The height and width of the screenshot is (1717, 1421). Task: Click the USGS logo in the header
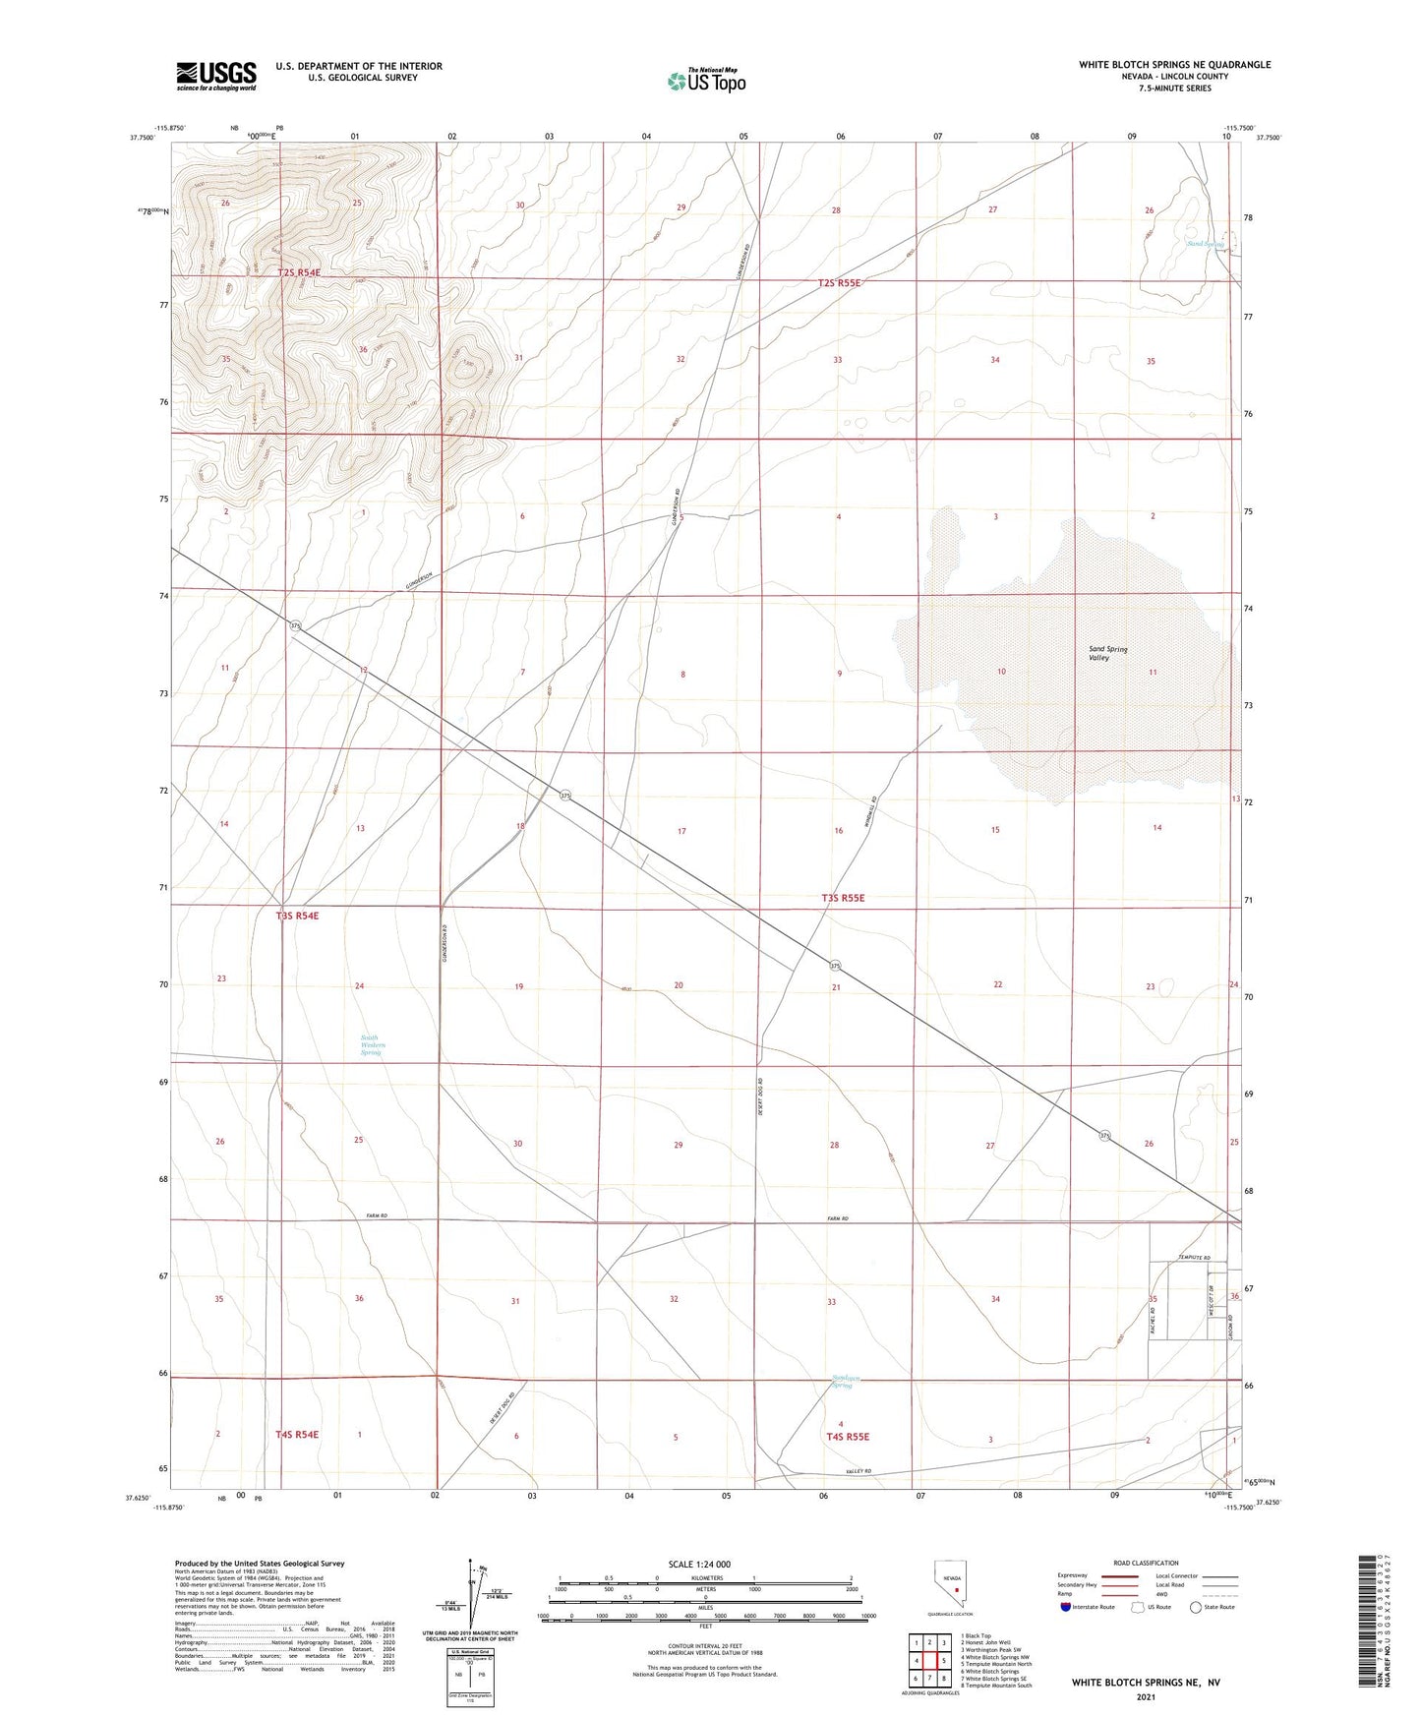tap(216, 75)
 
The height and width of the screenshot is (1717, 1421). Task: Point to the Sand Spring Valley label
tap(1107, 653)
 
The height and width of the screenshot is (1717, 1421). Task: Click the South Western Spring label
tap(371, 1044)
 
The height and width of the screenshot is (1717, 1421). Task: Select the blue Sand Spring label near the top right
tap(1205, 243)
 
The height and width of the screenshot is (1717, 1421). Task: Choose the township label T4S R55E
tap(848, 1436)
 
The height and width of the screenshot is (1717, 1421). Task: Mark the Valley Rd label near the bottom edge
tap(858, 1472)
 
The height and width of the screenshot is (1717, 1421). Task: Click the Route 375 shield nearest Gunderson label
tap(294, 625)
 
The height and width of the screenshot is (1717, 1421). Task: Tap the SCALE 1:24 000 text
tap(699, 1564)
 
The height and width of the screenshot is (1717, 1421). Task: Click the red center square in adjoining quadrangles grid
tap(929, 1660)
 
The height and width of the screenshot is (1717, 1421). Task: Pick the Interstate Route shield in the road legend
tap(1066, 1607)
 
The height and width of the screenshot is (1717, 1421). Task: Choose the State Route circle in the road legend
tap(1196, 1607)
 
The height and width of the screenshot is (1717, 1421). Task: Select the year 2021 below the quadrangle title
tap(1145, 1696)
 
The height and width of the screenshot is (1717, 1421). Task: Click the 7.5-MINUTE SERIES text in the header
tap(1174, 89)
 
